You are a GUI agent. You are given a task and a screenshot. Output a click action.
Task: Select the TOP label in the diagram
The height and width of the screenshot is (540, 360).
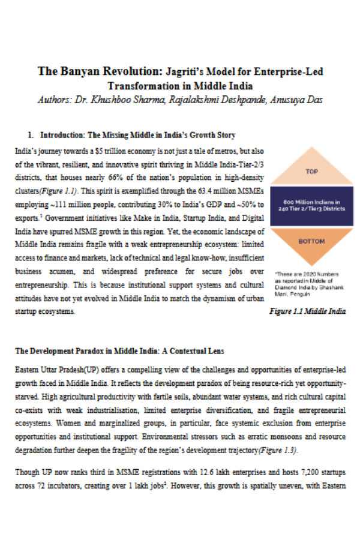point(311,172)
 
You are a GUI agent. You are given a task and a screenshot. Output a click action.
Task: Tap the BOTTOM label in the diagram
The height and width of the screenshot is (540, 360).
point(311,241)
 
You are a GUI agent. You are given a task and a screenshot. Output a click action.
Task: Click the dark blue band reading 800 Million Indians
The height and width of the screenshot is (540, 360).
point(311,206)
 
